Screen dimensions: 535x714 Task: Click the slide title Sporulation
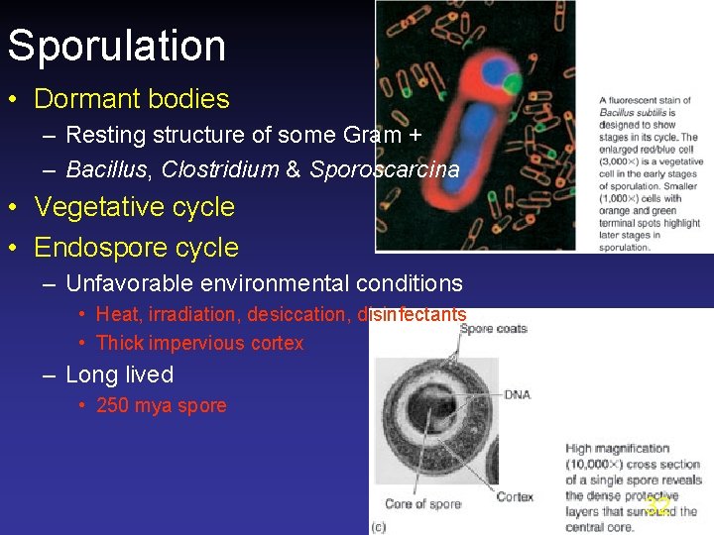click(x=116, y=46)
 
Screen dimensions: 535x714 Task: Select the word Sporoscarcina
click(x=384, y=169)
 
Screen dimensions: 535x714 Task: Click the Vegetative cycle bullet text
click(x=134, y=207)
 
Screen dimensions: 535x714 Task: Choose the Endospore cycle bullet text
click(x=136, y=248)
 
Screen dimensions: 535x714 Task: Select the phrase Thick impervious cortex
click(x=199, y=344)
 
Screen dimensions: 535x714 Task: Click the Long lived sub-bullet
click(x=119, y=374)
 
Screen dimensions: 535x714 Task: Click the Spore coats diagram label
click(x=494, y=328)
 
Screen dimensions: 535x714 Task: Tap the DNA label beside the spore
click(x=517, y=394)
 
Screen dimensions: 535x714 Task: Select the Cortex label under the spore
click(x=515, y=496)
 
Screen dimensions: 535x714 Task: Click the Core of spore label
click(x=423, y=504)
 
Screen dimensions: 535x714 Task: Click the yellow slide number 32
click(x=656, y=506)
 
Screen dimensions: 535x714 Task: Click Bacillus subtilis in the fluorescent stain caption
click(x=634, y=113)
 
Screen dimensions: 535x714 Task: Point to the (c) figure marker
click(x=378, y=526)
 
